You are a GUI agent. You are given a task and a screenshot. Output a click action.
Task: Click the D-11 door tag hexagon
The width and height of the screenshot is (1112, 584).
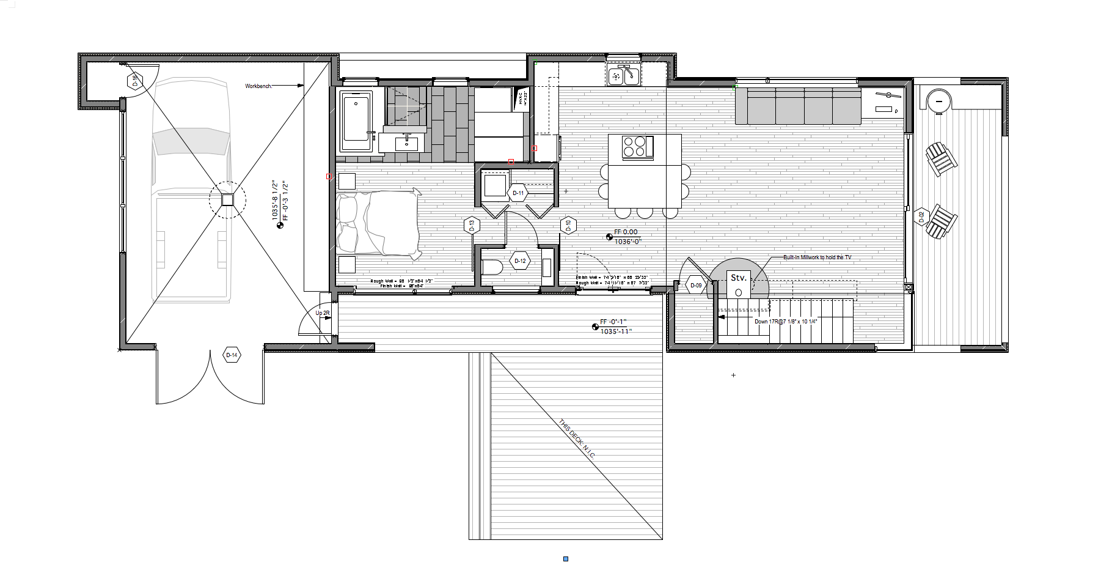tap(518, 193)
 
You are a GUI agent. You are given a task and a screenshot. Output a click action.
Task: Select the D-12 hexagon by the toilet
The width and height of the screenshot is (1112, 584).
tap(520, 261)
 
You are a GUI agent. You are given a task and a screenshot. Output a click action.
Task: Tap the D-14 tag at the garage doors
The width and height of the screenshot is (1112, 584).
tap(232, 355)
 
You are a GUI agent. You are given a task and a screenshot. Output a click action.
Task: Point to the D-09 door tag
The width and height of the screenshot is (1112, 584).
tap(696, 286)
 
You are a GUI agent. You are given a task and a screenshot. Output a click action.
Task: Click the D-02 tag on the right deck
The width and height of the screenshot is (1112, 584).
tap(921, 216)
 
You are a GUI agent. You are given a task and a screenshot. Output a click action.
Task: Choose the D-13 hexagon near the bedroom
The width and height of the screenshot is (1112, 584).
tap(472, 226)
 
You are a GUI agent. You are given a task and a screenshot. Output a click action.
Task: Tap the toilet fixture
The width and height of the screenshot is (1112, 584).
tap(491, 267)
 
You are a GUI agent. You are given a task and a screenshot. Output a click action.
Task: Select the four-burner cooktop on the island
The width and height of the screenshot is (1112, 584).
tap(634, 147)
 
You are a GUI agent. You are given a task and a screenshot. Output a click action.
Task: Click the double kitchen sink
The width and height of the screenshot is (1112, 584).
tap(623, 76)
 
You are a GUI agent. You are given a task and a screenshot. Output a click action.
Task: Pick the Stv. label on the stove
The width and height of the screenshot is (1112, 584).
tap(738, 278)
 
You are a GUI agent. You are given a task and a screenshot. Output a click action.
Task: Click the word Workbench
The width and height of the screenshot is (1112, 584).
tap(258, 86)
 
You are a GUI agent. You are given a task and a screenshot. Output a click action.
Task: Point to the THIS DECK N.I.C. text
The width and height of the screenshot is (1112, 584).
tap(576, 438)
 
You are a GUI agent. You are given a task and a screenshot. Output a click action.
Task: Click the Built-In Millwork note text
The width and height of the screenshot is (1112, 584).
tap(817, 257)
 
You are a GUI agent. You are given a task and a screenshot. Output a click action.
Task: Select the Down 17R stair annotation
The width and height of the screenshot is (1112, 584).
tap(785, 322)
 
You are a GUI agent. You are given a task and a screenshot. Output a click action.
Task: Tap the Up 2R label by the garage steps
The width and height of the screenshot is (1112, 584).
tap(323, 313)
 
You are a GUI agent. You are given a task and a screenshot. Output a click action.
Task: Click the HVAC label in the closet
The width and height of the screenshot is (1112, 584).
tap(522, 98)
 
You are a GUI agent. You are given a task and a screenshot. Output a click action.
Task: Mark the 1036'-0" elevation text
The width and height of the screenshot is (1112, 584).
tap(627, 242)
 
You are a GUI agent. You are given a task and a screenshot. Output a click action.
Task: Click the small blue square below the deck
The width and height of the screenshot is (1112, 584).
tap(566, 559)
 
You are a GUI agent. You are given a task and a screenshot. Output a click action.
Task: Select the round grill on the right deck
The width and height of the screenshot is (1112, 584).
tap(938, 100)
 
